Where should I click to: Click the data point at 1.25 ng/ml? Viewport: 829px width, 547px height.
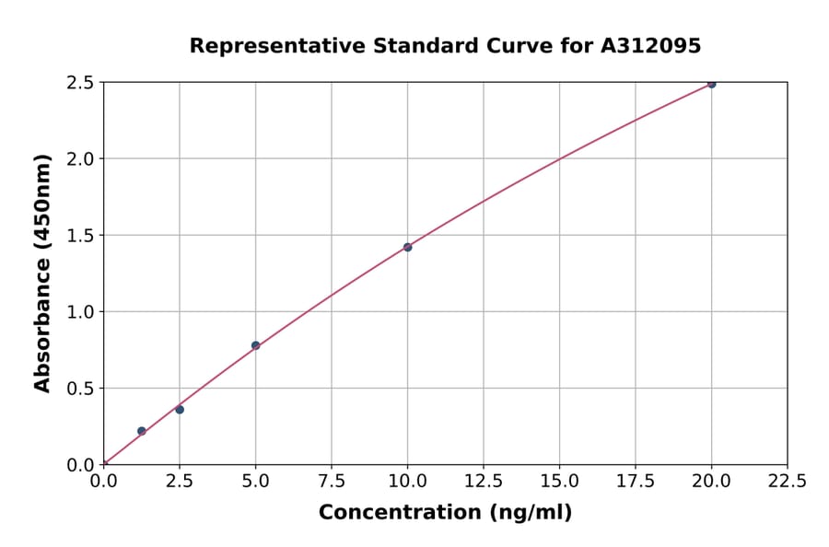click(x=142, y=431)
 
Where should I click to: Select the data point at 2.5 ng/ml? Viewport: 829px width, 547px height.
click(x=180, y=410)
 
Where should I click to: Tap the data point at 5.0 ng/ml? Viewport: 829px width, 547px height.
click(x=256, y=345)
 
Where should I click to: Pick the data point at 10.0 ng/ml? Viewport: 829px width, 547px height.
click(x=408, y=247)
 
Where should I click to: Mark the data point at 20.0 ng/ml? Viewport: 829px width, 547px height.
click(x=711, y=84)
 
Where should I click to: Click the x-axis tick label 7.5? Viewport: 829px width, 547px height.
click(x=332, y=481)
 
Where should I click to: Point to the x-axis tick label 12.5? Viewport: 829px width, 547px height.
click(x=484, y=481)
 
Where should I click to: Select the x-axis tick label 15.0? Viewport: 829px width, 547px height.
click(x=559, y=481)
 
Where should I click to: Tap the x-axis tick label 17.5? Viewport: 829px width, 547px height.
click(x=636, y=481)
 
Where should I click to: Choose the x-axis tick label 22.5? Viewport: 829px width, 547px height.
click(x=788, y=481)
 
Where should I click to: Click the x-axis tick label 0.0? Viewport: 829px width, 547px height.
click(x=104, y=481)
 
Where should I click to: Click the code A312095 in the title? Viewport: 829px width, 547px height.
click(x=651, y=45)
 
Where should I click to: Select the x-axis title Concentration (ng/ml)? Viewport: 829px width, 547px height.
click(x=445, y=513)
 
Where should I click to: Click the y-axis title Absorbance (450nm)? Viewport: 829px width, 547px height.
click(x=42, y=273)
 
